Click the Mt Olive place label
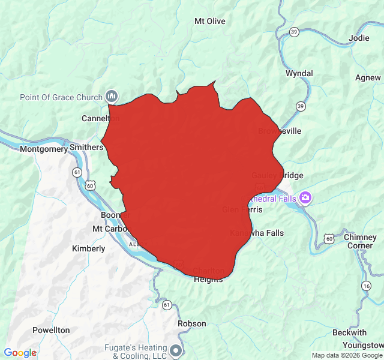(x=210, y=21)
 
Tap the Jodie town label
(x=359, y=38)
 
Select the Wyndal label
(x=299, y=73)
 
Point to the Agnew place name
(x=368, y=77)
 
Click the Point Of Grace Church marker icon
(x=112, y=96)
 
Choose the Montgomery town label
(x=44, y=149)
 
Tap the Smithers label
(x=86, y=146)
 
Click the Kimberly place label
(x=88, y=248)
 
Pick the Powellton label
(x=51, y=330)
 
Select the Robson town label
(x=192, y=323)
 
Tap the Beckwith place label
(x=349, y=332)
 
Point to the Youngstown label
(x=363, y=345)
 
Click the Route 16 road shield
(x=366, y=286)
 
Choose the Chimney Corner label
(x=360, y=241)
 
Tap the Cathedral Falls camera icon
(x=305, y=197)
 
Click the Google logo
(x=20, y=353)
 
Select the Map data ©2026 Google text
(x=347, y=355)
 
